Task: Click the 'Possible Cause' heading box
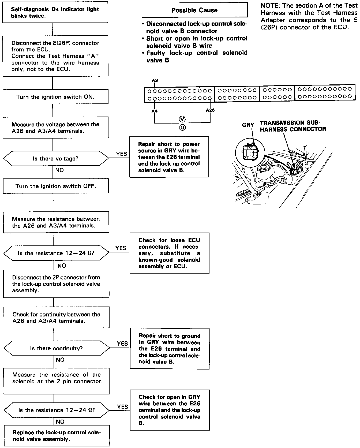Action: [x=194, y=10]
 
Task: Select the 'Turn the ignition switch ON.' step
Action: [x=55, y=97]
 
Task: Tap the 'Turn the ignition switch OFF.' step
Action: [x=56, y=186]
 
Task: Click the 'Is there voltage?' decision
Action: [x=56, y=159]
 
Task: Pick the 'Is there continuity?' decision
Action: [x=57, y=348]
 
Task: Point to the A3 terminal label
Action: [x=155, y=80]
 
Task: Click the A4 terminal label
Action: [x=154, y=111]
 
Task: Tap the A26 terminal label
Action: [x=210, y=110]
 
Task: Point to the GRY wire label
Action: [x=248, y=125]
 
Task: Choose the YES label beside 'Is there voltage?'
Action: [x=122, y=154]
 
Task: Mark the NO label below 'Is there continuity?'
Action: [x=60, y=360]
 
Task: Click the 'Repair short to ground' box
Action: [x=170, y=349]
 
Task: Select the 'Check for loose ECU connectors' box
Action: [x=169, y=253]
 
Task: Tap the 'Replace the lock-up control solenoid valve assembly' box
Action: [x=57, y=436]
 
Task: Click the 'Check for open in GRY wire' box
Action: [x=170, y=410]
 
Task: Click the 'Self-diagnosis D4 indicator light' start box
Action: [x=55, y=12]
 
